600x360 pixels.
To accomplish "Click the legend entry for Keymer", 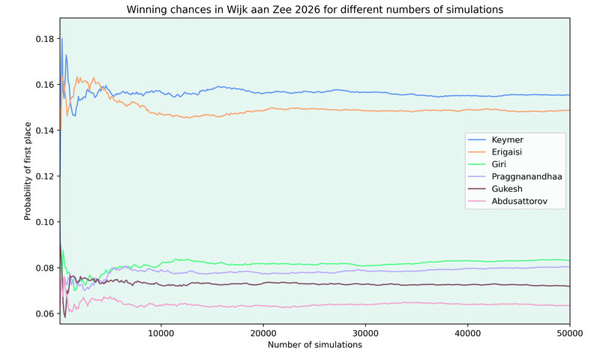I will [508, 140].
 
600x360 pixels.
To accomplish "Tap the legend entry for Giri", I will [499, 164].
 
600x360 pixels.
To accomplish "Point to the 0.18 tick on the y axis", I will [44, 38].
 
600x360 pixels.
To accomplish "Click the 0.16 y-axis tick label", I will [44, 84].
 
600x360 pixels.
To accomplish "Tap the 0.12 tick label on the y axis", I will [44, 176].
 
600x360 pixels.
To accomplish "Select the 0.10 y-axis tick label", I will [44, 222].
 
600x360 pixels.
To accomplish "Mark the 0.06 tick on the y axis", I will [44, 313].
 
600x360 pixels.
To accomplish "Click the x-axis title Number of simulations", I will [314, 345].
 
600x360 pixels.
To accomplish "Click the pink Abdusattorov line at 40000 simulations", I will [467, 304].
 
